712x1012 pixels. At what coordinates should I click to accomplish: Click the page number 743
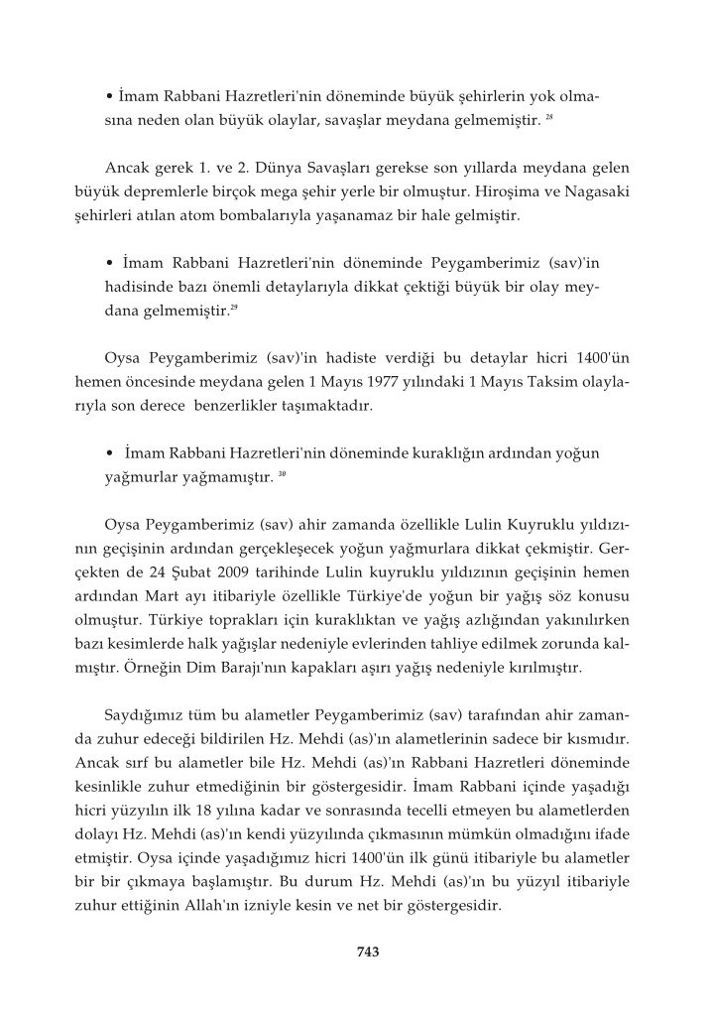coord(368,952)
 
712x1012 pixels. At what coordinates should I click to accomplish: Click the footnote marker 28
coord(548,119)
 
